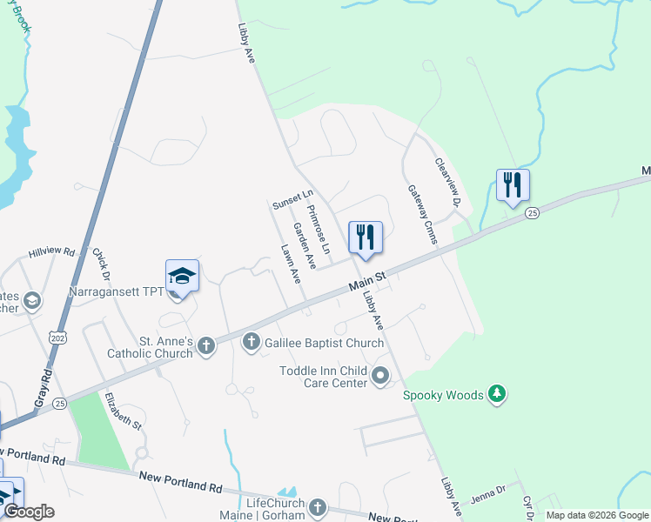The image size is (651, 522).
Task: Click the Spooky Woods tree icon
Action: tap(497, 395)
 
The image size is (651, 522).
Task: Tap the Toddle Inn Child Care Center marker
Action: tap(380, 377)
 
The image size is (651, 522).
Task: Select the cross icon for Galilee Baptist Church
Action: tap(252, 343)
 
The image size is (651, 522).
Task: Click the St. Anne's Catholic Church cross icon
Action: tap(206, 346)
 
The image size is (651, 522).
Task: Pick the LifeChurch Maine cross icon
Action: tap(318, 508)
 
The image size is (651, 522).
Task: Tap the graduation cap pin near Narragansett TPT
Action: tap(182, 277)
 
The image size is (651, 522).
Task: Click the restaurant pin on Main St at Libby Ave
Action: tap(366, 238)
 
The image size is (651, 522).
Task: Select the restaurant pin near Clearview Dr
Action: tap(513, 185)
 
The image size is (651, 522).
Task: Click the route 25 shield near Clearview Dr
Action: tap(533, 211)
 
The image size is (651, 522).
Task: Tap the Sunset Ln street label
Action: tap(292, 200)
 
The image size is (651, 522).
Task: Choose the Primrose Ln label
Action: tap(319, 230)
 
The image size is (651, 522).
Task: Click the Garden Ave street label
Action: tap(303, 245)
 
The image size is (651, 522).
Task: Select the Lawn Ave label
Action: tap(291, 264)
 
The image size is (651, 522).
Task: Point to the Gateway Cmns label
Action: tap(421, 214)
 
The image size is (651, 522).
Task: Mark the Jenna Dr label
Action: tap(488, 493)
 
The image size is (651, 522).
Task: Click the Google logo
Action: tap(29, 512)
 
